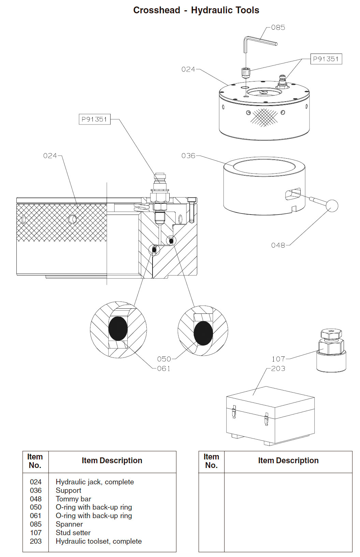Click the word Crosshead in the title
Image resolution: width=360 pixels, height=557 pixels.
point(156,10)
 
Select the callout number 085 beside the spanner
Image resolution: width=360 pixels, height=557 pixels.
point(278,28)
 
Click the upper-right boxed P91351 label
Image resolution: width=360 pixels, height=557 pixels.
point(326,59)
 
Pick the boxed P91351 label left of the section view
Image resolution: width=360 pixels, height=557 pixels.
point(94,119)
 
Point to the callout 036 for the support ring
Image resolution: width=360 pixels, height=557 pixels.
point(188,156)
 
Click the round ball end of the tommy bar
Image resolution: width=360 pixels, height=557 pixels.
point(332,205)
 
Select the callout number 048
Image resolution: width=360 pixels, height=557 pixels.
point(278,245)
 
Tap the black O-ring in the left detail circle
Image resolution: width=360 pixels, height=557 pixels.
point(118,328)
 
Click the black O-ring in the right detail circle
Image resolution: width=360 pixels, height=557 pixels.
point(203,333)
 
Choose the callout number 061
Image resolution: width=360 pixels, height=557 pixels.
point(163,369)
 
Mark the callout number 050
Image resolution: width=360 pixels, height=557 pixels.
point(164,359)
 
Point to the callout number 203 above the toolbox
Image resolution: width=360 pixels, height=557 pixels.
point(278,369)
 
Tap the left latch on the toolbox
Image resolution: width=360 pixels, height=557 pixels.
point(234,412)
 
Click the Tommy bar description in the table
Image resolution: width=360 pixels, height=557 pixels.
point(73,499)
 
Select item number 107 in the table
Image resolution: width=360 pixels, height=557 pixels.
point(35,533)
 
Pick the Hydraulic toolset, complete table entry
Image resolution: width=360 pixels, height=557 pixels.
point(99,541)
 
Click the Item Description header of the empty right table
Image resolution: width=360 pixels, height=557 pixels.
point(288,461)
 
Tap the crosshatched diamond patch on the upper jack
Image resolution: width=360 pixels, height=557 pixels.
point(264,117)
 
